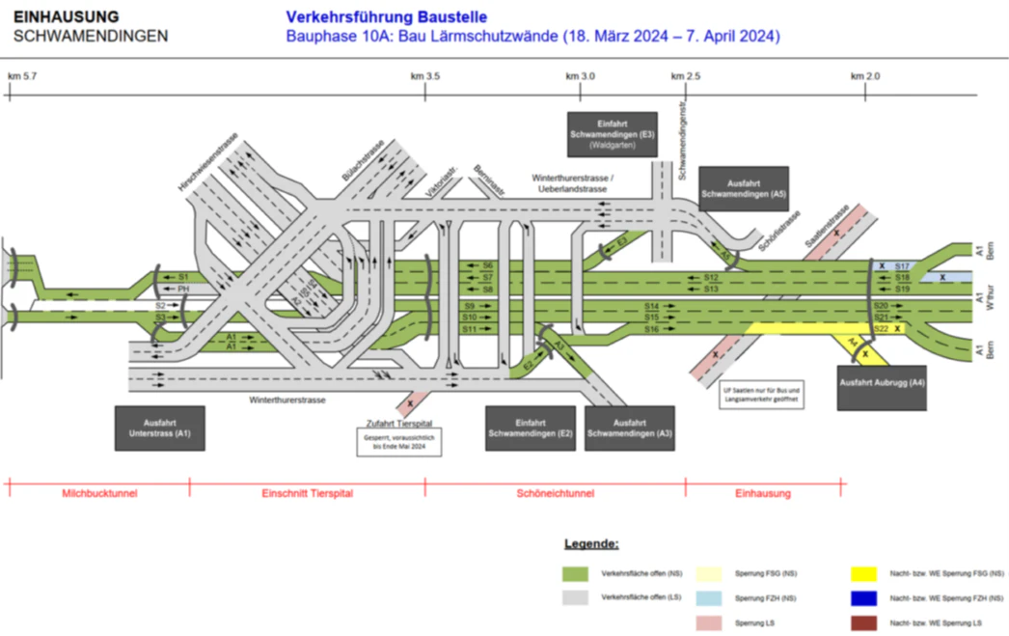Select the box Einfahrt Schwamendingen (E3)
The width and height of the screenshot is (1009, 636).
pyautogui.click(x=613, y=133)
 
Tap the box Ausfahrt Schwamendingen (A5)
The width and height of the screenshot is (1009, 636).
pyautogui.click(x=744, y=188)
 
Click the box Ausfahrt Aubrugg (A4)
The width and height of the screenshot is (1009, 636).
pyautogui.click(x=882, y=388)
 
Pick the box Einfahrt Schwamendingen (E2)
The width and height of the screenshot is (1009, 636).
pyautogui.click(x=530, y=429)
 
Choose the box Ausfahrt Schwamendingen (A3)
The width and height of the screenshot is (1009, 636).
pyautogui.click(x=630, y=429)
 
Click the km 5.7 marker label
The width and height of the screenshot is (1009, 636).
pyautogui.click(x=22, y=76)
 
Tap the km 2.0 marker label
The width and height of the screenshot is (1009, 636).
pyautogui.click(x=865, y=76)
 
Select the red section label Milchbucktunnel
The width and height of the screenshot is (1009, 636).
pyautogui.click(x=99, y=493)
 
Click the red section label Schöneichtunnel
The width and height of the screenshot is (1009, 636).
pyautogui.click(x=555, y=493)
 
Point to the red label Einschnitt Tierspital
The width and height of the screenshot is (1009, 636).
pyautogui.click(x=308, y=493)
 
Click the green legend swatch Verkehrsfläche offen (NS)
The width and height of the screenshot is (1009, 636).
pyautogui.click(x=576, y=573)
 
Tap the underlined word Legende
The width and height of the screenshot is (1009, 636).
pyautogui.click(x=591, y=544)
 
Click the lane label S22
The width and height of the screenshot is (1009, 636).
pyautogui.click(x=881, y=329)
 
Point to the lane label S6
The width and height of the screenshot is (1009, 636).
pyautogui.click(x=488, y=265)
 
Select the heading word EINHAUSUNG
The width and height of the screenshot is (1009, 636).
pyautogui.click(x=67, y=16)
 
